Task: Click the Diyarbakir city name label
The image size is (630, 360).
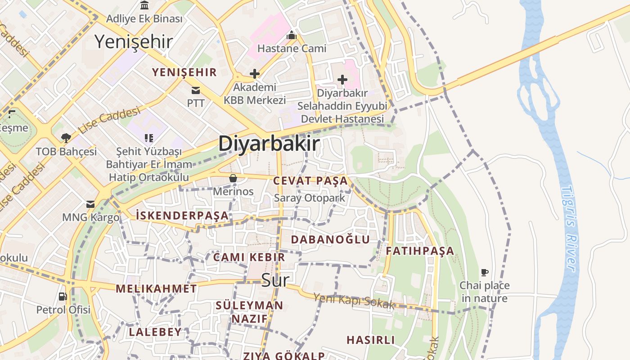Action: point(269,144)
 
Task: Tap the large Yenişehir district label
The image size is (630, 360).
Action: point(134,41)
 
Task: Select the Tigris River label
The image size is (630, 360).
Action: point(569,228)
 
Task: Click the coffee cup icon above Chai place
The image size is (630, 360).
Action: point(485,272)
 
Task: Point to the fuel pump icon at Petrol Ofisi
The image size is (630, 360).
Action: point(63,297)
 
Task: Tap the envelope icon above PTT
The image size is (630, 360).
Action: point(196,90)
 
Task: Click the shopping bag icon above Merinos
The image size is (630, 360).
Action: point(233,179)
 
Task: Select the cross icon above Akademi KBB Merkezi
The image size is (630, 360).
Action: point(255,73)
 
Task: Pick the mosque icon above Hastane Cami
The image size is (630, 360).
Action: point(292,35)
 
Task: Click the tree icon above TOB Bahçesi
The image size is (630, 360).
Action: point(66,138)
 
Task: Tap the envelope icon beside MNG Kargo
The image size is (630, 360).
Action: point(91,204)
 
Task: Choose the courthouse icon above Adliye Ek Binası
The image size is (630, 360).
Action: point(144,5)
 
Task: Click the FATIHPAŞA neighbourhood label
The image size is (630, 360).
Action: point(420,251)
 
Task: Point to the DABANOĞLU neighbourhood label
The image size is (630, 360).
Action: point(330,239)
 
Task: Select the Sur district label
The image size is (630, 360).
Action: point(275,280)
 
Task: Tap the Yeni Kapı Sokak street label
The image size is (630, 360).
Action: point(354,301)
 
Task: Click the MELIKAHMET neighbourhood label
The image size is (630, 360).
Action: point(156,288)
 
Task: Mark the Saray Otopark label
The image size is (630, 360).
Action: point(310,198)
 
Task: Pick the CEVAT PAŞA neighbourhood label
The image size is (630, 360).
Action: point(310,181)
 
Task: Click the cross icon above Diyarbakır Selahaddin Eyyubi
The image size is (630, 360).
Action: point(342,80)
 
